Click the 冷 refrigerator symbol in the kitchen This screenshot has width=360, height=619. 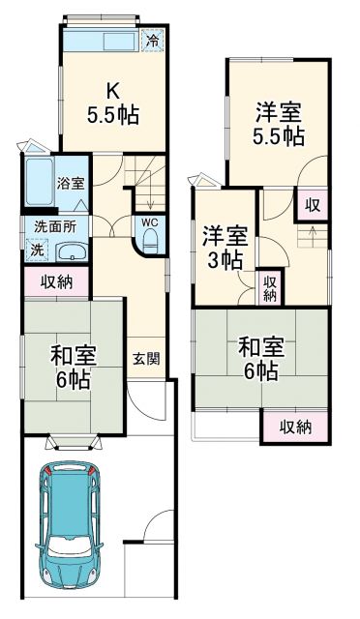coord(153,40)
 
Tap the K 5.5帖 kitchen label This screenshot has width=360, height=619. coord(114,103)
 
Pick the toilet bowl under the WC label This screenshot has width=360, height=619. coord(151,243)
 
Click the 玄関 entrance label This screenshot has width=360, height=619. coord(146,358)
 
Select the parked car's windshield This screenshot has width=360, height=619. coord(72,490)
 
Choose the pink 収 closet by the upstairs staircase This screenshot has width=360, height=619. coord(313,204)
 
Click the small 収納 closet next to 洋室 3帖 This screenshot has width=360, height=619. coord(271,286)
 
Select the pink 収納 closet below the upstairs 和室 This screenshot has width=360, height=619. coord(294,426)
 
